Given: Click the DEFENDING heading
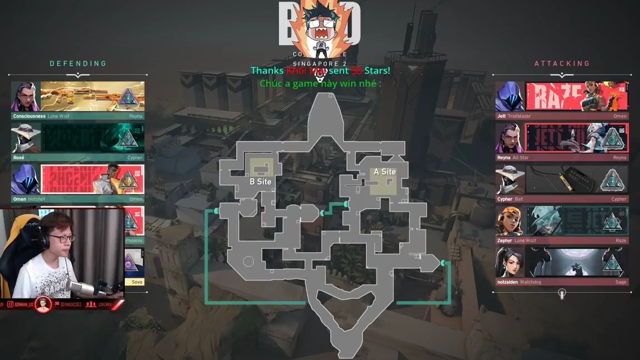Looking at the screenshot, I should click(78, 63).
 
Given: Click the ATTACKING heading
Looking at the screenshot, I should click(562, 63).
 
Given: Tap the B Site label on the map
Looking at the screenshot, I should click(260, 182).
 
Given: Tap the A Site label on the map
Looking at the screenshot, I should click(384, 172).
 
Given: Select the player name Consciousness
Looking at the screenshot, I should click(29, 116).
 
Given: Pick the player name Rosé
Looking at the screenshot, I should click(19, 158).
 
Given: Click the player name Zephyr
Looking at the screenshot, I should click(505, 241).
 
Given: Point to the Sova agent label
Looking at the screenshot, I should click(137, 282).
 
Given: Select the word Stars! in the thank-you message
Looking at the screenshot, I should click(377, 71).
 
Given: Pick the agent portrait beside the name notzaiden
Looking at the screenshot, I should click(509, 262).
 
